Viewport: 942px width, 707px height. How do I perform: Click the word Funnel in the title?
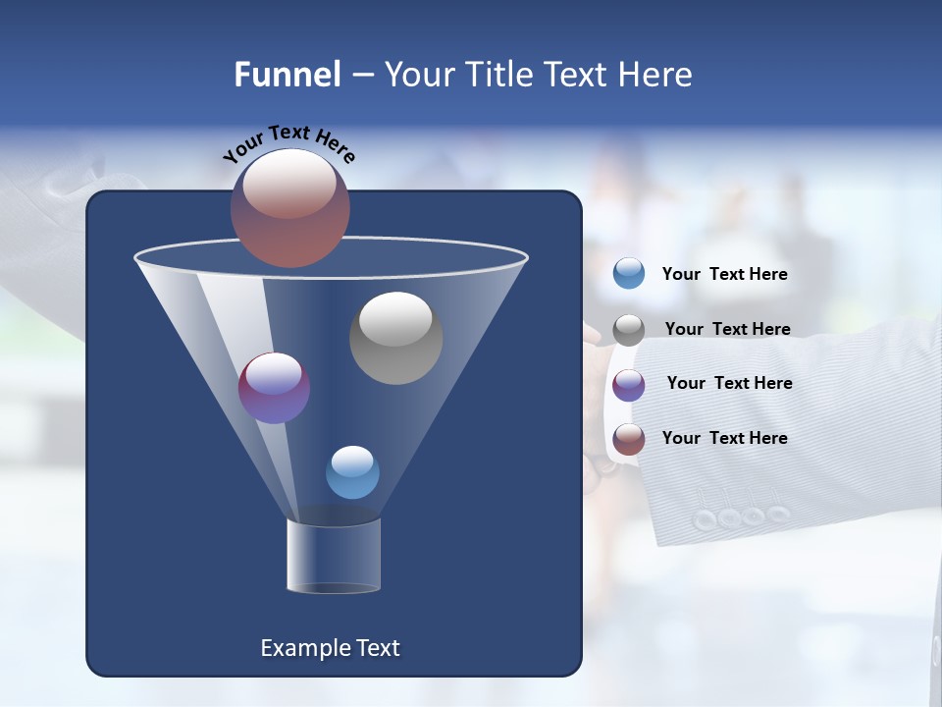click(287, 75)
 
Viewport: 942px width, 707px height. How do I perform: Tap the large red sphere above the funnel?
click(290, 207)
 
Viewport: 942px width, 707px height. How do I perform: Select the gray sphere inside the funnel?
click(395, 337)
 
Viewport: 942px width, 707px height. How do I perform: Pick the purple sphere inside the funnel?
click(274, 388)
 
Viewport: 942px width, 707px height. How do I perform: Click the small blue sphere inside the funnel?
click(352, 472)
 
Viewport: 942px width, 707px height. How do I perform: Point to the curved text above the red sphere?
click(289, 142)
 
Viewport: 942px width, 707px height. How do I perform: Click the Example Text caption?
click(330, 648)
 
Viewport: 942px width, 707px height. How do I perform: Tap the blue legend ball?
click(629, 274)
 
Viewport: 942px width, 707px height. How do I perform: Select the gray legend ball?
click(629, 330)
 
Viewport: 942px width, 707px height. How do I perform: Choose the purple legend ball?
click(629, 385)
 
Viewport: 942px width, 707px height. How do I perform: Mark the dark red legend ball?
click(629, 439)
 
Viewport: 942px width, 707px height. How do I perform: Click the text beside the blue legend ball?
click(724, 275)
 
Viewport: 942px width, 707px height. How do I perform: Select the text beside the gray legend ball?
click(727, 330)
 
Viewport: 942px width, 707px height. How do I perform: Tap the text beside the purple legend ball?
click(729, 384)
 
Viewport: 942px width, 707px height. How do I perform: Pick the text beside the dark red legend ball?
click(724, 438)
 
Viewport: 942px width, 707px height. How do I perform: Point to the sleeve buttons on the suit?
click(741, 517)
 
